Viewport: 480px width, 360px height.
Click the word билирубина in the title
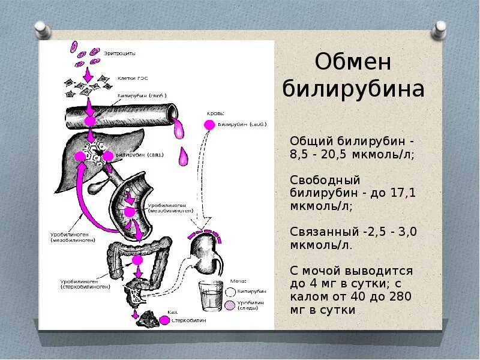353,89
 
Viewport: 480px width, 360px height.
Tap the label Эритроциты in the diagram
121,53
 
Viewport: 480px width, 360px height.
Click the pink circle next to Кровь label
209,125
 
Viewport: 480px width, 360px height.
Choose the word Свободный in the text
325,181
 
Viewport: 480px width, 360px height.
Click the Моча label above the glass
238,281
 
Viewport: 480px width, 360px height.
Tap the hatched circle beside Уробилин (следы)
230,305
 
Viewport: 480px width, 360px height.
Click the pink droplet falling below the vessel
184,157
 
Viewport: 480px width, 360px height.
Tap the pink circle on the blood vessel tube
90,121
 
